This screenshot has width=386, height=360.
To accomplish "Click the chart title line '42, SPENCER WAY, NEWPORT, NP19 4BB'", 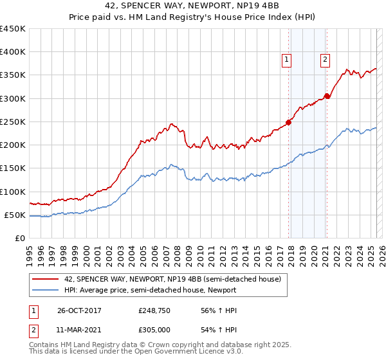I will click(x=193, y=6).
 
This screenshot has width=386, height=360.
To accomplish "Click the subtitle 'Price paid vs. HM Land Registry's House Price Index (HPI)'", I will click(x=193, y=17).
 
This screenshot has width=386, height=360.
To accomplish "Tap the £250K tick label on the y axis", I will click(x=13, y=122).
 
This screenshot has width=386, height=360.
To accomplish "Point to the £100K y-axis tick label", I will click(x=13, y=192).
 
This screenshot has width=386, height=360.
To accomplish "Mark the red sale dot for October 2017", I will click(x=289, y=122).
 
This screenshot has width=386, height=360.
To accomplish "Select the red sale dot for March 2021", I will click(x=327, y=96).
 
